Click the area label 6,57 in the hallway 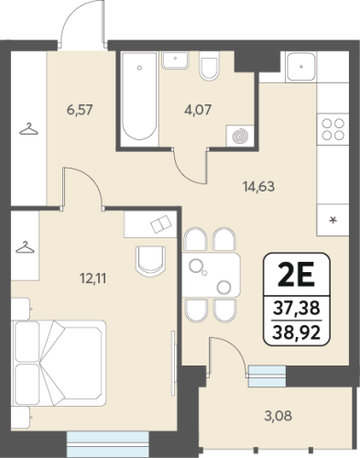[80, 110]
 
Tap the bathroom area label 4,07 [198, 110]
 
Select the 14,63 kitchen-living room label [258, 186]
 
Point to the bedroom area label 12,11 [93, 278]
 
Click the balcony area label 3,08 [278, 416]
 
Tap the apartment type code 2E [296, 275]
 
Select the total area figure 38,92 [297, 333]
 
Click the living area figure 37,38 [297, 308]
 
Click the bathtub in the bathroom [139, 99]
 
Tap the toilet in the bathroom [209, 66]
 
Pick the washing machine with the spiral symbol [240, 136]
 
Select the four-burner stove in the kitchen [333, 129]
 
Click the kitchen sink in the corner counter [301, 67]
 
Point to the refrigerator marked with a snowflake [333, 220]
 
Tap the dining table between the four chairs [212, 275]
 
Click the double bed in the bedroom [59, 363]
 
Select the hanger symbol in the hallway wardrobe [28, 129]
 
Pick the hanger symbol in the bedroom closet [25, 247]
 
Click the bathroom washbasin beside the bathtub [175, 60]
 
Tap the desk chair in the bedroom [150, 261]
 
